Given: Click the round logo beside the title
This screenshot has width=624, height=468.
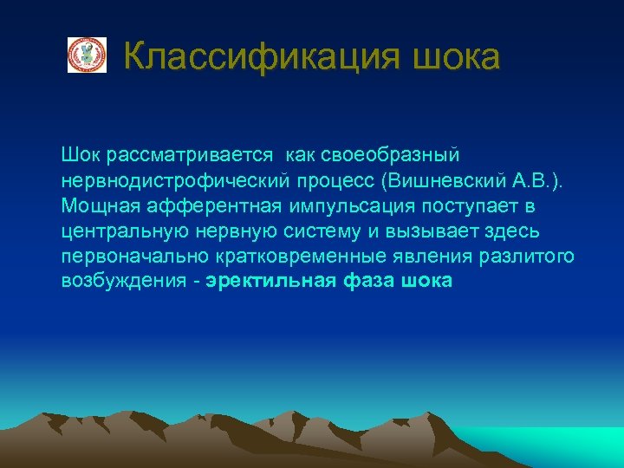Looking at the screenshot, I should (x=87, y=55).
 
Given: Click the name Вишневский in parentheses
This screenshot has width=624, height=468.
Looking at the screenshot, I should (x=430, y=181).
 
